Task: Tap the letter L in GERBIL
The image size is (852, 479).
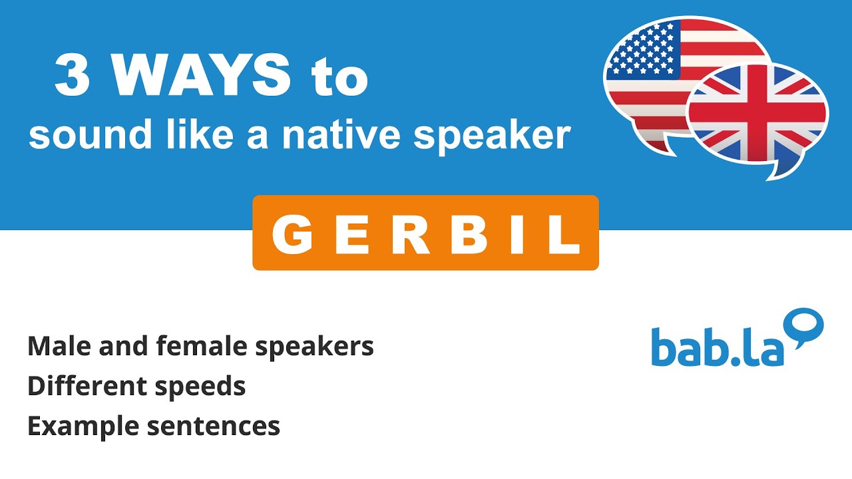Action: click(x=565, y=234)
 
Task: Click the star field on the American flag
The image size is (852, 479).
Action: click(x=642, y=50)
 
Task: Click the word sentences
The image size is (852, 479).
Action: click(x=213, y=426)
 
